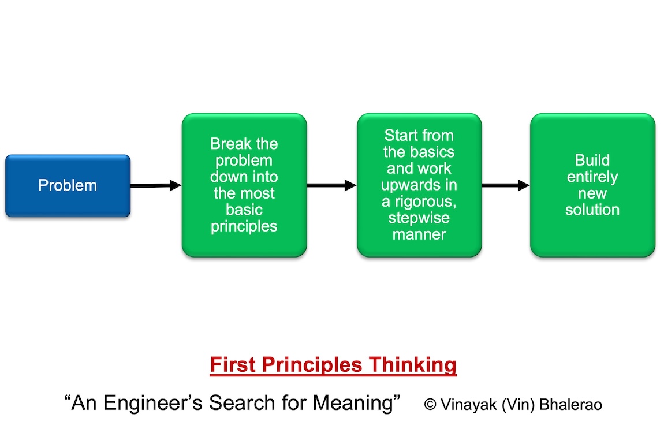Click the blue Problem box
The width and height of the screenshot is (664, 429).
68,186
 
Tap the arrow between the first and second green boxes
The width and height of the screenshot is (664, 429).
331,185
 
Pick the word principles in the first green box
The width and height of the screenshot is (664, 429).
244,226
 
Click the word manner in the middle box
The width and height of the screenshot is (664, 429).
419,235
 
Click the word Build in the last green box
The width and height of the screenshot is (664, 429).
592,160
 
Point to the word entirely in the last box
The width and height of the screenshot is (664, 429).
592,177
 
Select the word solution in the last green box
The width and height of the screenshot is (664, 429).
592,210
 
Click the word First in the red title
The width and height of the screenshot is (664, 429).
233,365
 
